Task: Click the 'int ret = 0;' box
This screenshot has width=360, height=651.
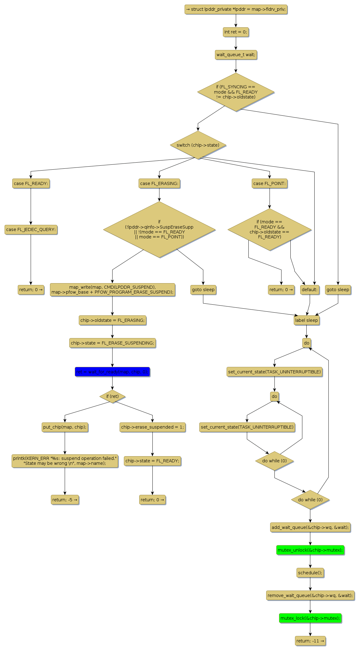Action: coord(236,32)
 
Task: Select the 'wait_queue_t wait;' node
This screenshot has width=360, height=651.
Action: coord(236,55)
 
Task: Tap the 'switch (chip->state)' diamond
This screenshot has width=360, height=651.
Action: coord(198,145)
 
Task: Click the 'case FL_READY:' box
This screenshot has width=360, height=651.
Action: coord(31,183)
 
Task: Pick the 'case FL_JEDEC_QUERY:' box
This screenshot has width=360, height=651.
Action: coord(31,229)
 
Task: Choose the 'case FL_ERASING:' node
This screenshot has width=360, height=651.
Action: coord(159,183)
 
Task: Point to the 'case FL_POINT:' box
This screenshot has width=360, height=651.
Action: coord(270,183)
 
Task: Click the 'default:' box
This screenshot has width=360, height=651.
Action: coord(309,290)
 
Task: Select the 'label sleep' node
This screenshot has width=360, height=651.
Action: coord(306,320)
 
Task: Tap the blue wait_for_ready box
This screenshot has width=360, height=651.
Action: coord(112,372)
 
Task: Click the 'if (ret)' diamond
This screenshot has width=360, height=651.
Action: coord(112,396)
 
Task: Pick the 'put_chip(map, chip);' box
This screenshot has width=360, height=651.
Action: coord(65,427)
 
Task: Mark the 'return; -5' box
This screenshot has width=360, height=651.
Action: coord(65,500)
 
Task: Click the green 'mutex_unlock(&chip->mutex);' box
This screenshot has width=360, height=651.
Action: coord(310,550)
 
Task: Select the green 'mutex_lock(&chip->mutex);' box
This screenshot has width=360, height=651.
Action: coord(310,618)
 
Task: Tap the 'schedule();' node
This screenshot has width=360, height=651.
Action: coord(310,573)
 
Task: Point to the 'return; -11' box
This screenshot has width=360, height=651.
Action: coord(310,641)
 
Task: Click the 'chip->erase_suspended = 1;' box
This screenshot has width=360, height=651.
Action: coord(152,427)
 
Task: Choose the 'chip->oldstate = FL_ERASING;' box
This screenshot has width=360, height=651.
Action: coord(112,320)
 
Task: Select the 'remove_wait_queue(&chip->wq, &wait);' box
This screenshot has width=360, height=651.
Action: coord(310,595)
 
